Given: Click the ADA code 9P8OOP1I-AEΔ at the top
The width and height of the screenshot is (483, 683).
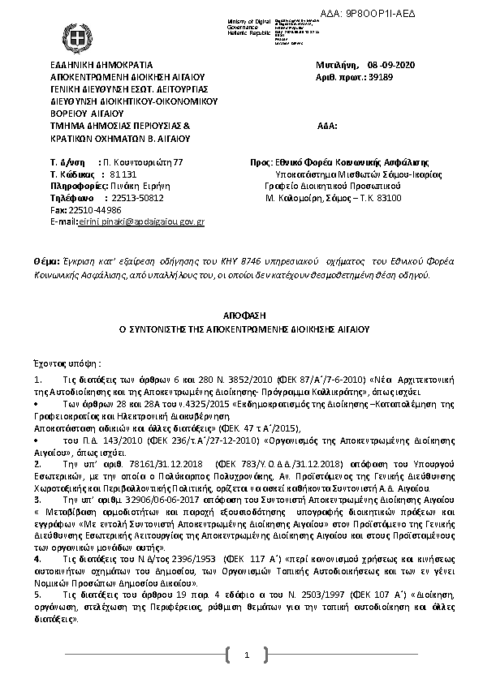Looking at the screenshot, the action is (x=431, y=6).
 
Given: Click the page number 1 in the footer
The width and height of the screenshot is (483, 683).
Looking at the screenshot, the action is (x=244, y=655).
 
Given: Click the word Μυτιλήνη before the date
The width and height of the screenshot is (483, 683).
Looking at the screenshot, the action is (x=337, y=63).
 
